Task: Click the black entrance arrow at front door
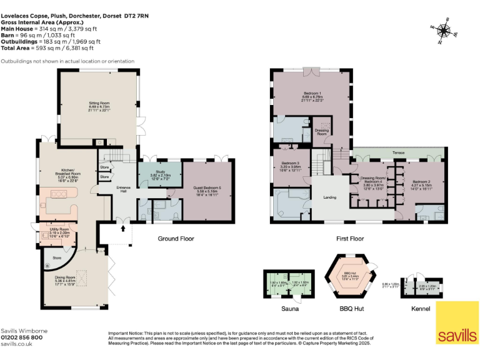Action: click(x=122, y=229)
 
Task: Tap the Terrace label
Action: click(x=397, y=152)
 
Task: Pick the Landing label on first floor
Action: click(x=330, y=198)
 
